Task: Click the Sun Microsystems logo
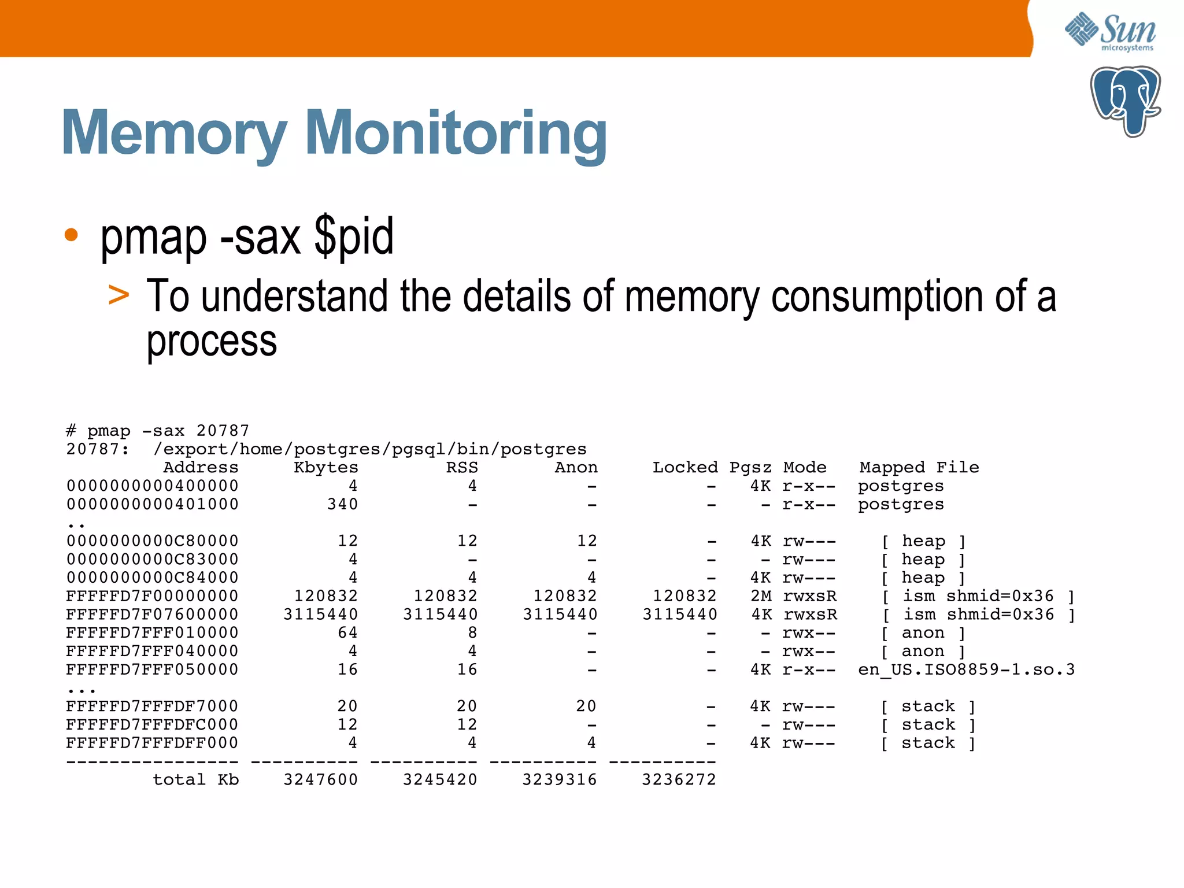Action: tap(1110, 32)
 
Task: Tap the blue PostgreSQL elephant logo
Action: tap(1125, 101)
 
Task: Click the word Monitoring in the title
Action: tap(459, 134)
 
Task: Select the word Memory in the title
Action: tap(174, 134)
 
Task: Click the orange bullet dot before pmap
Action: tap(71, 235)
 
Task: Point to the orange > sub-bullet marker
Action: tap(119, 295)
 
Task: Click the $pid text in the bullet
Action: tap(354, 236)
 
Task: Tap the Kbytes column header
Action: tap(326, 467)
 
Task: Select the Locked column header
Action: tap(685, 467)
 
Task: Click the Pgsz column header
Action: tap(750, 467)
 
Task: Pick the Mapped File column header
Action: tap(919, 467)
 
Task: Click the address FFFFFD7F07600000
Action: tap(152, 614)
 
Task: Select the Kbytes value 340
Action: tap(342, 504)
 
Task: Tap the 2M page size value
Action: tap(761, 596)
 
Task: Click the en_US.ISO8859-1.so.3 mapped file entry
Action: tap(966, 669)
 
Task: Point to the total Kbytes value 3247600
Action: tap(321, 779)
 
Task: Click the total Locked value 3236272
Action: tap(679, 779)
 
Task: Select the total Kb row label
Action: tap(196, 779)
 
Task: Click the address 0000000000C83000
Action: tap(152, 559)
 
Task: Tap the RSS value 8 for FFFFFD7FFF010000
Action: tap(472, 632)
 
